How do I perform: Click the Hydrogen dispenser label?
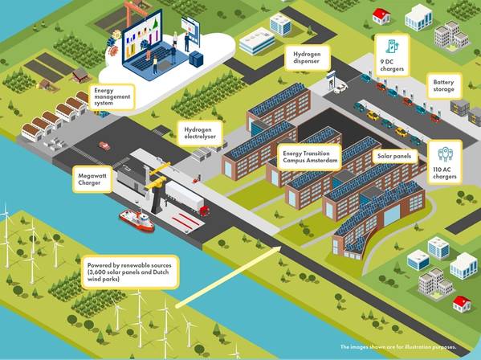tap(307, 58)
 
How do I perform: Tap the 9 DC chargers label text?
tap(392, 65)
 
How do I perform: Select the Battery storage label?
tap(443, 86)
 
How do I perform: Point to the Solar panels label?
tap(394, 156)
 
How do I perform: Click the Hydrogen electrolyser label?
tap(200, 133)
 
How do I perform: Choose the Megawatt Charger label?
tap(92, 179)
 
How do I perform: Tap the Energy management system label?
tap(112, 96)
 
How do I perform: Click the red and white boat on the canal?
tap(137, 219)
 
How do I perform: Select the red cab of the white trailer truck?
tap(205, 211)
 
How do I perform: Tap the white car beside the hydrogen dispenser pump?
tap(340, 89)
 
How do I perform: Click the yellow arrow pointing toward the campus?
tap(228, 276)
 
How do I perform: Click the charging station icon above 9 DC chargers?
tap(391, 46)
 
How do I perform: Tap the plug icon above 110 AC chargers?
tap(445, 153)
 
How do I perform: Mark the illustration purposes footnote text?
tap(398, 347)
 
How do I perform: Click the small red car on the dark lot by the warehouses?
tap(104, 145)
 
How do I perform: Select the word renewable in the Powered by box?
tap(135, 265)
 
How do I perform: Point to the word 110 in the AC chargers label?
tap(437, 170)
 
